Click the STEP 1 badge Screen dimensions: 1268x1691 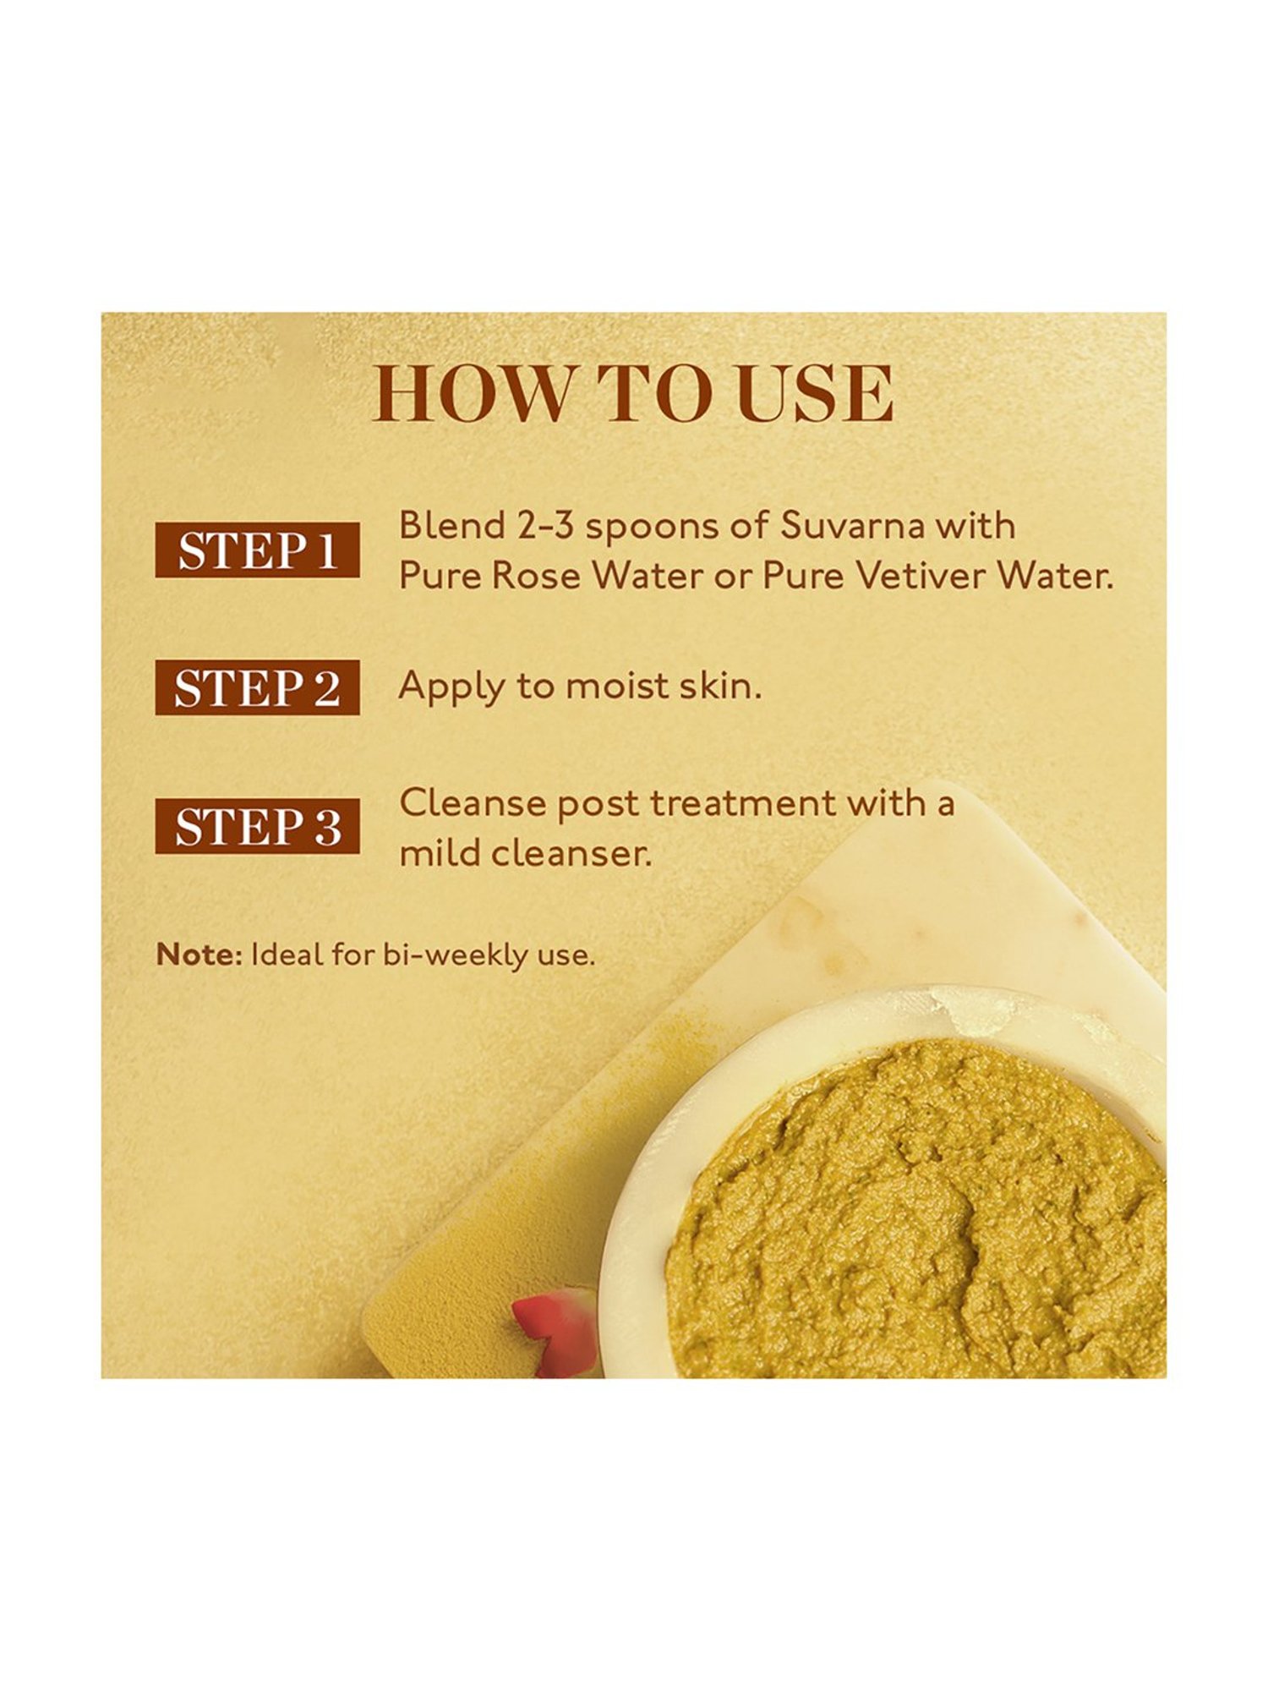[257, 550]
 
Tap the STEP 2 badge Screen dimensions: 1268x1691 [257, 687]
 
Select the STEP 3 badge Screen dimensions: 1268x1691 [257, 826]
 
